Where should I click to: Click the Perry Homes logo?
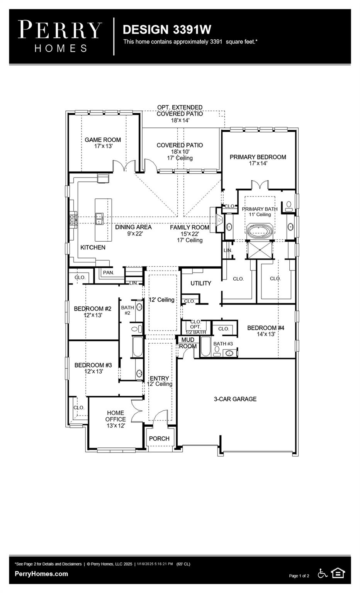point(60,36)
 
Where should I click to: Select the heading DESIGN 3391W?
point(166,30)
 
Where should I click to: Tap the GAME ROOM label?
point(103,140)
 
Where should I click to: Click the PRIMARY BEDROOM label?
point(258,157)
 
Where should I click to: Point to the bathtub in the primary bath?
point(260,232)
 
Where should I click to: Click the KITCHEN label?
point(93,247)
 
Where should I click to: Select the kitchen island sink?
point(99,219)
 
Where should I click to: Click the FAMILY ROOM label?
point(190,228)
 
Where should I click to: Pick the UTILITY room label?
point(201,283)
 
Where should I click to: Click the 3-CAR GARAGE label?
point(235,399)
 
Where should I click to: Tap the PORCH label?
point(159,439)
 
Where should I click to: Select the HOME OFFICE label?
point(116,416)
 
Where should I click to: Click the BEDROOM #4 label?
point(266,328)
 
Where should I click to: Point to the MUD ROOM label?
point(188,343)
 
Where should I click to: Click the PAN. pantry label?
point(109,273)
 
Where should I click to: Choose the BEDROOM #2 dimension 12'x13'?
point(93,315)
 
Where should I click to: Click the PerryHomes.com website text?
point(41,574)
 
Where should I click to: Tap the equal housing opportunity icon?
point(338,573)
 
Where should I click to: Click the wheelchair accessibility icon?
point(323,573)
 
